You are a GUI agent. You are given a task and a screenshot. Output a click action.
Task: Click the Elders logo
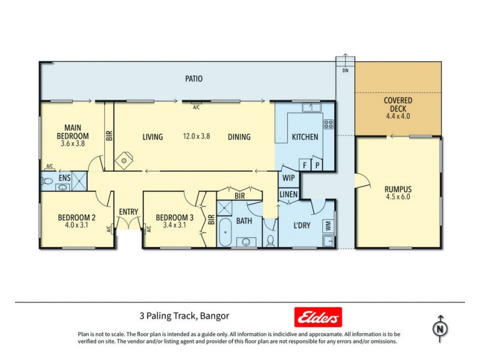pyautogui.click(x=317, y=316)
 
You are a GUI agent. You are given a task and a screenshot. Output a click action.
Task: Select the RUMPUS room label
pyautogui.click(x=398, y=189)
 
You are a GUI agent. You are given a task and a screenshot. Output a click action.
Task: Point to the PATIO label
pyautogui.click(x=193, y=79)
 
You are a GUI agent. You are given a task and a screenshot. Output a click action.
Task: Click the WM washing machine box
pyautogui.click(x=328, y=226)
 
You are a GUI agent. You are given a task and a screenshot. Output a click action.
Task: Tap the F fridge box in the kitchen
pyautogui.click(x=305, y=164)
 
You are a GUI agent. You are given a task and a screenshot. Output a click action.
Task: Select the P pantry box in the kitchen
pyautogui.click(x=317, y=164)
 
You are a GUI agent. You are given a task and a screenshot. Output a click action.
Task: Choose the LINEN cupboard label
pyautogui.click(x=288, y=194)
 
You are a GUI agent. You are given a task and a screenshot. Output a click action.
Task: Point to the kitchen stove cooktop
pyautogui.click(x=328, y=125)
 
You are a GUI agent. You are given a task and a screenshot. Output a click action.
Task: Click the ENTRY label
pyautogui.click(x=128, y=211)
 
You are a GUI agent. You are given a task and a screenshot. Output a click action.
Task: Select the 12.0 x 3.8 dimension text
pyautogui.click(x=196, y=137)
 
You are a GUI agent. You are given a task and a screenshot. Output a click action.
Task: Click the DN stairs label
pyautogui.click(x=345, y=71)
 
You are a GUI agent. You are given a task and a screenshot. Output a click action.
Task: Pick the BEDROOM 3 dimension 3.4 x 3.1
pyautogui.click(x=175, y=226)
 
